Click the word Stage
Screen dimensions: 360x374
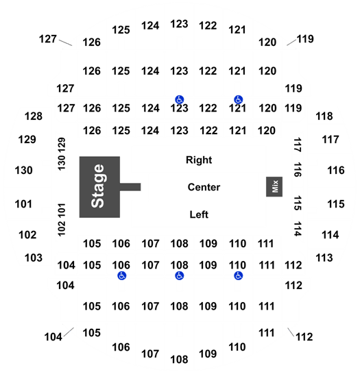click(x=98, y=186)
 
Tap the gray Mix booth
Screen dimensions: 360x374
click(x=274, y=187)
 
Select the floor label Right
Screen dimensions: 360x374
click(x=199, y=160)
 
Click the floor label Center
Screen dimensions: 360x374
click(x=204, y=187)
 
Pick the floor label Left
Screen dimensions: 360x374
click(x=199, y=214)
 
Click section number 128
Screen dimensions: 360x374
click(x=34, y=116)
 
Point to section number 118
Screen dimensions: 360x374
click(x=324, y=116)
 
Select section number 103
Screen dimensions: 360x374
click(x=34, y=258)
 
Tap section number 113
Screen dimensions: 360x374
click(x=324, y=258)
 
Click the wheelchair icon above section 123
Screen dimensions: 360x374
click(x=179, y=99)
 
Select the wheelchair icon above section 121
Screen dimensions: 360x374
click(x=238, y=99)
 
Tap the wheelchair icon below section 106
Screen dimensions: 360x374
click(x=122, y=276)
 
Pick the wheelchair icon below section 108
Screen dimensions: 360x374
click(x=179, y=276)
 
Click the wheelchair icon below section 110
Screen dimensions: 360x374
click(x=238, y=276)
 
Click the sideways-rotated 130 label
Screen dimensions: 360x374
click(x=61, y=163)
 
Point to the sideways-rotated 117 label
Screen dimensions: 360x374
click(x=298, y=145)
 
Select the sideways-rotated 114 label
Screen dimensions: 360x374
click(x=298, y=229)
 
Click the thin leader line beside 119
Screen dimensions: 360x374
click(x=291, y=42)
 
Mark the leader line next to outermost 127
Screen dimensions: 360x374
click(x=65, y=43)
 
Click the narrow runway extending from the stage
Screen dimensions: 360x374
click(x=130, y=187)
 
